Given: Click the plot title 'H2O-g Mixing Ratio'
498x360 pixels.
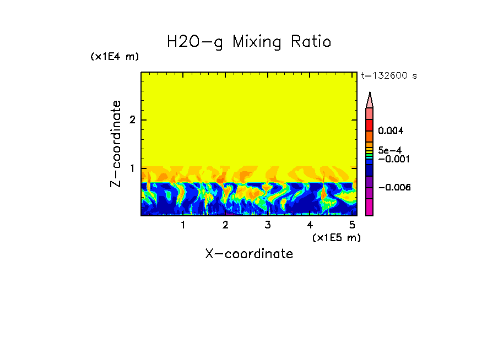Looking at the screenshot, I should coord(249,42).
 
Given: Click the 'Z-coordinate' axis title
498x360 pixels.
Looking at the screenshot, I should coord(116,144).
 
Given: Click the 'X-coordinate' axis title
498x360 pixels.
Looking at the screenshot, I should coord(249,254).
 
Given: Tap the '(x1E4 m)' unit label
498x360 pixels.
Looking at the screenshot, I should coord(115,57).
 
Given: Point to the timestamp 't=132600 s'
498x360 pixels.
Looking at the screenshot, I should coord(388,76).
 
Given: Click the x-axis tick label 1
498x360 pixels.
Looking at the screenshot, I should coord(183,225).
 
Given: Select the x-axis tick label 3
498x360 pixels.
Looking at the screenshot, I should coord(267,225).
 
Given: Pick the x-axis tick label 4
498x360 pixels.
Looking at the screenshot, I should coord(310,225).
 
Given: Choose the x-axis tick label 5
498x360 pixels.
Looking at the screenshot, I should coord(351,225).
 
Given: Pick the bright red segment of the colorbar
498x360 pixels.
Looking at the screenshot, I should coord(370,124).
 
